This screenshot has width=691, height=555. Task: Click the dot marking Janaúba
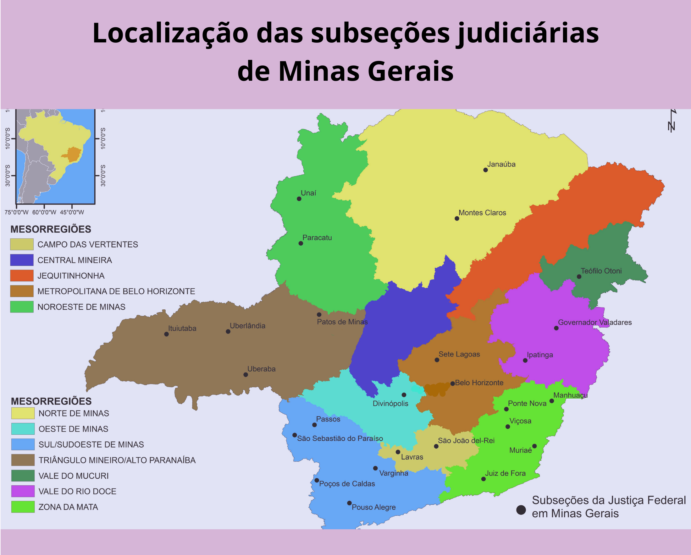(x=486, y=170)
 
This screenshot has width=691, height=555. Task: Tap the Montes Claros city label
(x=482, y=213)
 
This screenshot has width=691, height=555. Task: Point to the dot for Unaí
(x=299, y=199)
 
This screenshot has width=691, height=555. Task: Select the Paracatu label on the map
(x=317, y=238)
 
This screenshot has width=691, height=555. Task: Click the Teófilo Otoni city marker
(x=579, y=277)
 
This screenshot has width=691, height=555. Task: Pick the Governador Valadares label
(x=594, y=323)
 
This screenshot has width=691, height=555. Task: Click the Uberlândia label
(x=247, y=326)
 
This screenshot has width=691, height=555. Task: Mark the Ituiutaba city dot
(x=166, y=334)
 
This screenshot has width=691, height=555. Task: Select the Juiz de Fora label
(x=505, y=473)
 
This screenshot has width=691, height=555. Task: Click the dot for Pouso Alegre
(x=349, y=503)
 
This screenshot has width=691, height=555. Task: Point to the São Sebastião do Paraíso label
(x=340, y=439)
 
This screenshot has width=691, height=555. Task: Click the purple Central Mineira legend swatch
(x=22, y=260)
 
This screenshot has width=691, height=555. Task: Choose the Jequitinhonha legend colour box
(x=22, y=275)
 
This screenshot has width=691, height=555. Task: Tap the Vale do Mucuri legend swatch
(x=23, y=476)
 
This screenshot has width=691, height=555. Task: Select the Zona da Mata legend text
(x=68, y=507)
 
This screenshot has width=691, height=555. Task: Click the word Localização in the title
(x=170, y=33)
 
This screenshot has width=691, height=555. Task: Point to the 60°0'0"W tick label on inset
(x=44, y=212)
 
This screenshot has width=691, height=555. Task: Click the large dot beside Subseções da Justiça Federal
(x=521, y=510)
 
